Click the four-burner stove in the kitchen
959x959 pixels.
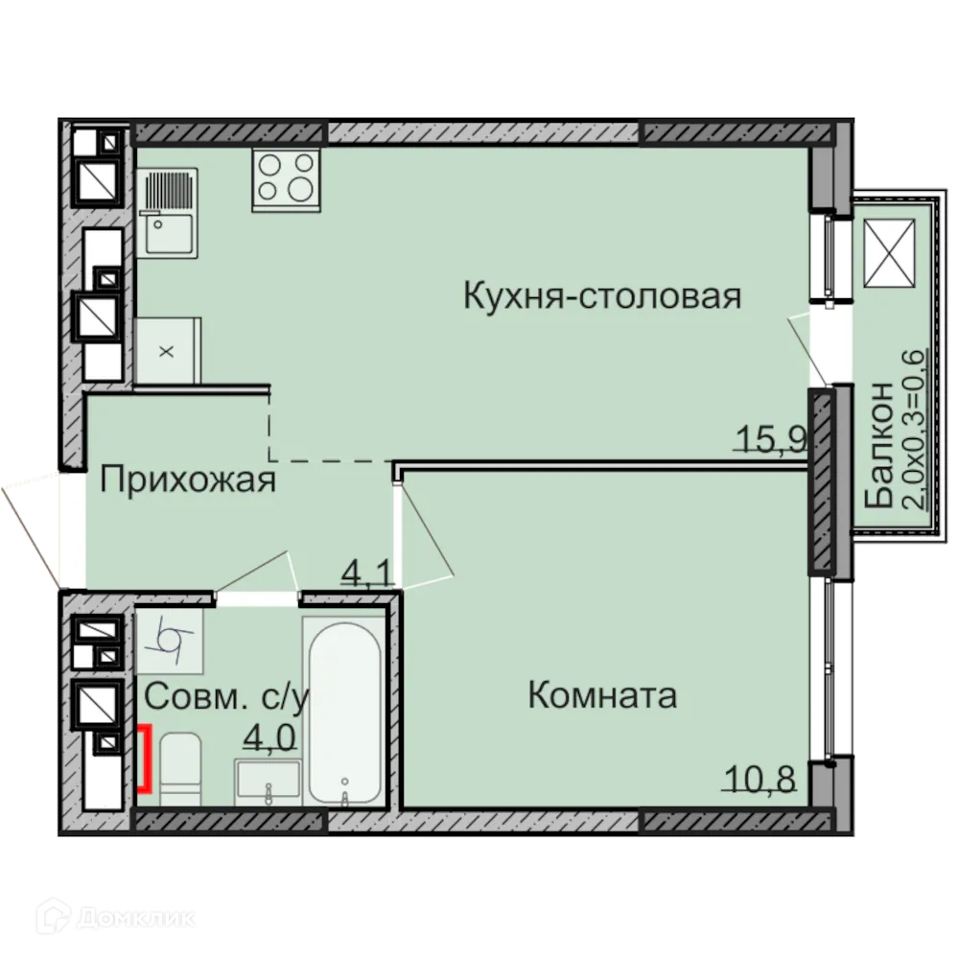(x=286, y=179)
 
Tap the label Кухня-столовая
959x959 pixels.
(x=601, y=295)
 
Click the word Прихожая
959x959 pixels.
(x=188, y=479)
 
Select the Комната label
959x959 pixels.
(x=602, y=695)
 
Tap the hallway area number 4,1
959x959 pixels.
(x=367, y=573)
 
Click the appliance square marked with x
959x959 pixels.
(x=167, y=351)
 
